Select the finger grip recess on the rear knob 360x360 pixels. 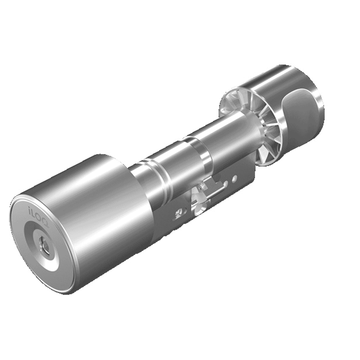click(301, 108)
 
